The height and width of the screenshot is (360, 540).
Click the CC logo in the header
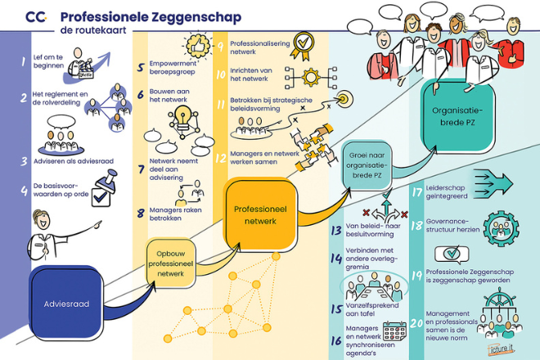[37, 16]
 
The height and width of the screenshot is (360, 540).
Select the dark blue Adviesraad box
[65, 304]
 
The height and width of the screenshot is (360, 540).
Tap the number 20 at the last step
[416, 323]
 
